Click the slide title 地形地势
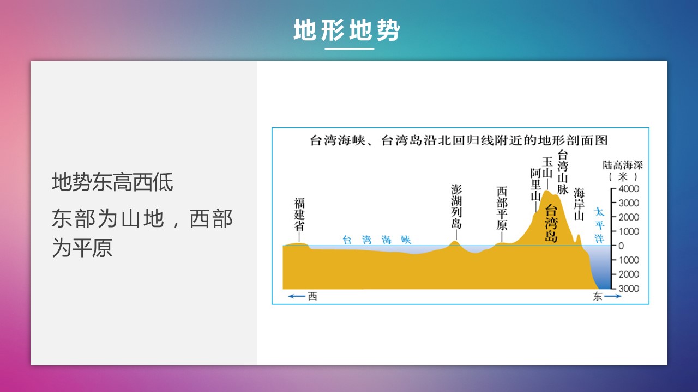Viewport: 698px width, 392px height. tap(346, 30)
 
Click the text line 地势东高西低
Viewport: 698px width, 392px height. tap(112, 182)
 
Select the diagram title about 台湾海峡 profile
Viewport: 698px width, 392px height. tap(459, 140)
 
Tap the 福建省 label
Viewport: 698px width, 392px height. tap(299, 215)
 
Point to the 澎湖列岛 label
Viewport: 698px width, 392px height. tap(456, 206)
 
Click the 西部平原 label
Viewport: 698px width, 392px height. tap(502, 209)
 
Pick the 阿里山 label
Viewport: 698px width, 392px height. tap(535, 185)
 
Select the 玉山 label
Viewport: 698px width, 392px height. tap(547, 167)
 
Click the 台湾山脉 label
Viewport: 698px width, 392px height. tap(562, 172)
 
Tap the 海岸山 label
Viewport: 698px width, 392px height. tap(579, 204)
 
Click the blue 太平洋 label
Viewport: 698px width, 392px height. tap(599, 225)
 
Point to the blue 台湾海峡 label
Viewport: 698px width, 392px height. tap(377, 240)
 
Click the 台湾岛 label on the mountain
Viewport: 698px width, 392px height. tap(551, 223)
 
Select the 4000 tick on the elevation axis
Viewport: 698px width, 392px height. tap(629, 188)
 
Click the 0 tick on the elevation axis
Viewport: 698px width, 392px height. tap(621, 246)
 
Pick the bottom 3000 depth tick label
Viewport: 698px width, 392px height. tap(629, 289)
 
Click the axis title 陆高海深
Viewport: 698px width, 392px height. tap(623, 165)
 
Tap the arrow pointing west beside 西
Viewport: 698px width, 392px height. tap(296, 296)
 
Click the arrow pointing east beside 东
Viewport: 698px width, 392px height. tap(612, 296)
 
